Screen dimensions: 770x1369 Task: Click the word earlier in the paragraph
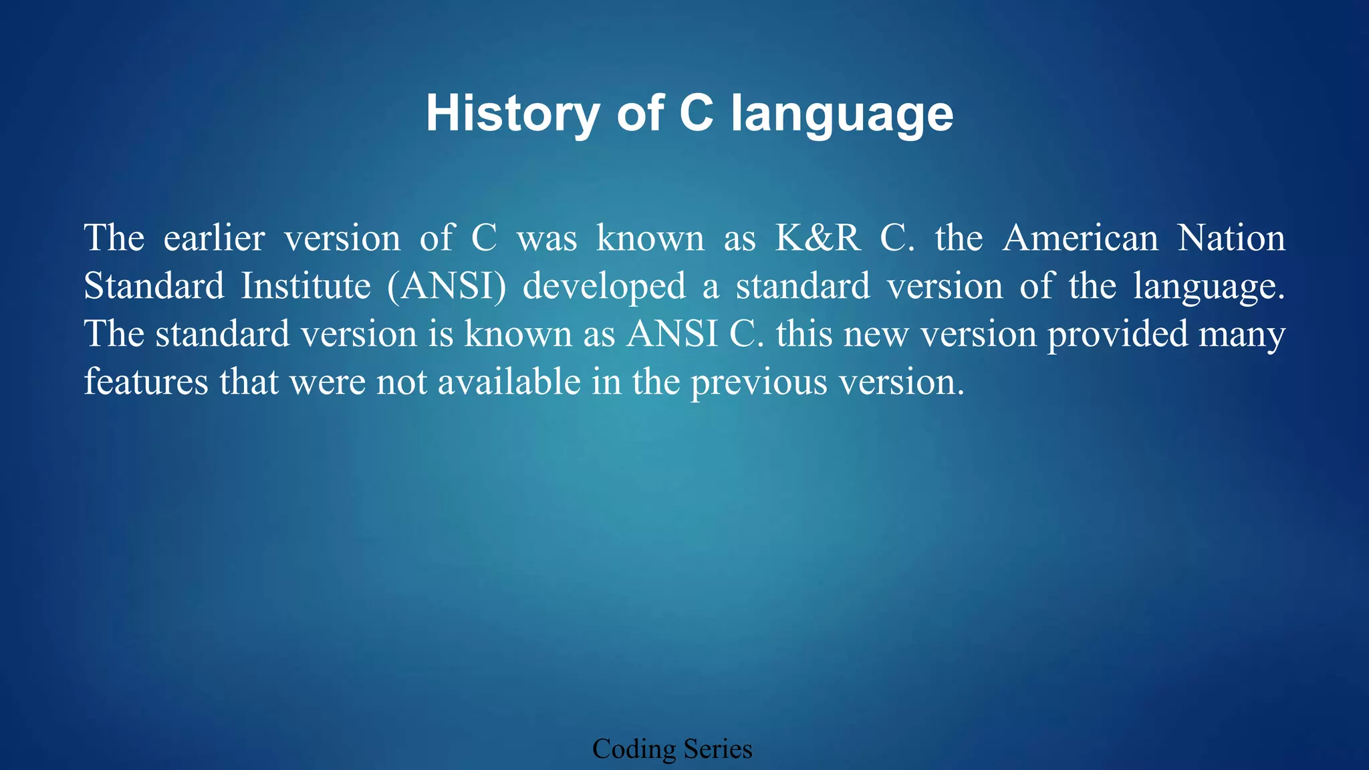click(214, 238)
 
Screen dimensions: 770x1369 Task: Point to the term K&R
click(818, 238)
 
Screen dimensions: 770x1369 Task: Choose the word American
click(1080, 238)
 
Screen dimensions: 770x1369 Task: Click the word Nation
click(1231, 238)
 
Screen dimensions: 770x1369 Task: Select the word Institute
click(305, 286)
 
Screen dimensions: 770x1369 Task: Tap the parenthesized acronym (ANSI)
click(446, 286)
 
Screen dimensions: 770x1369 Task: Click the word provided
click(1117, 334)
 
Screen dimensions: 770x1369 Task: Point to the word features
click(146, 382)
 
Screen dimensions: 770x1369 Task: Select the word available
click(509, 382)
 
